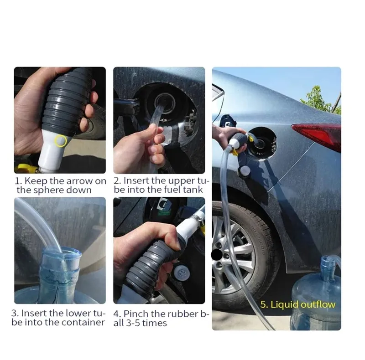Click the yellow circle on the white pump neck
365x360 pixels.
click(61, 140)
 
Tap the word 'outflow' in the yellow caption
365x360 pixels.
click(318, 304)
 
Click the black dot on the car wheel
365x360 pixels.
click(216, 255)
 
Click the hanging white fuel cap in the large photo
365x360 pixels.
click(244, 172)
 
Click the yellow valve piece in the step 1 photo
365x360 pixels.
click(24, 168)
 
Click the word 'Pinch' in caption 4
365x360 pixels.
click(136, 314)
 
